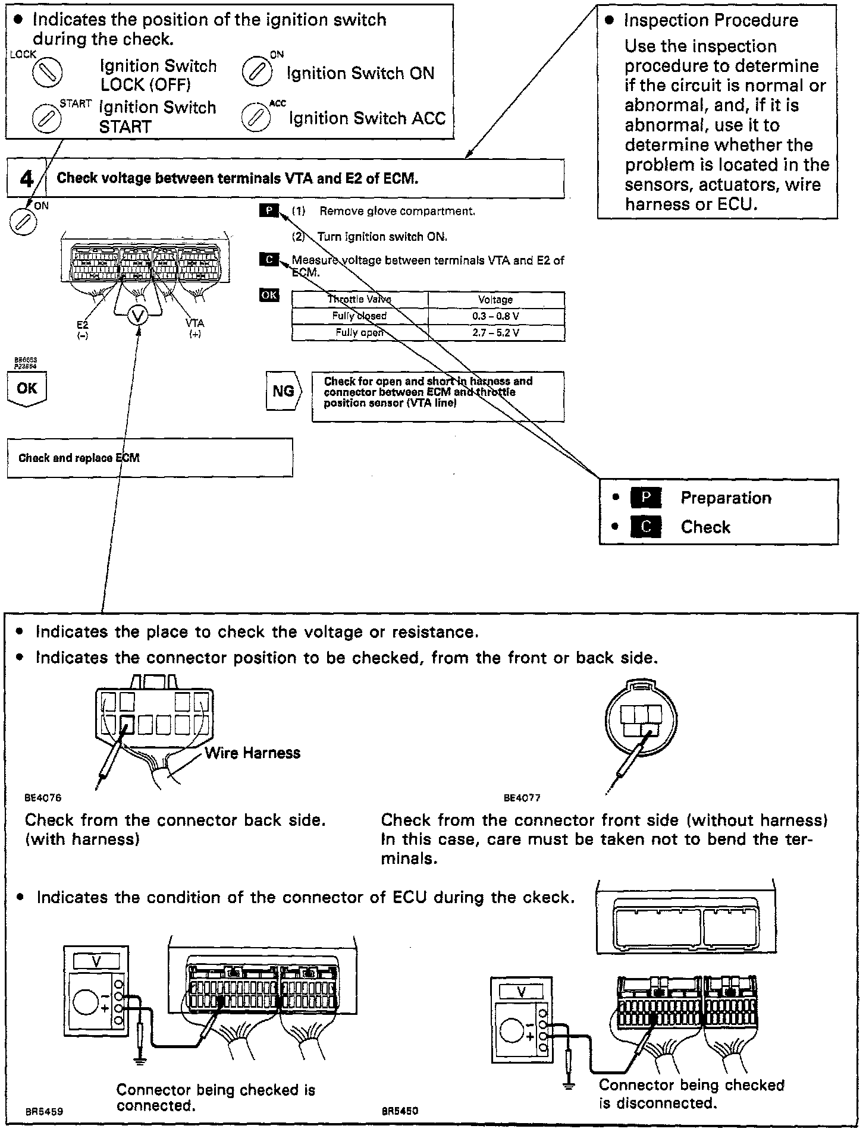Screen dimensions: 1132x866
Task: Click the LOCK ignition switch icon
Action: pyautogui.click(x=47, y=72)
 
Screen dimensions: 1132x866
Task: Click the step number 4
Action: pyautogui.click(x=27, y=179)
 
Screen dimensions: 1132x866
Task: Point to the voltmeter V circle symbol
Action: pyautogui.click(x=139, y=316)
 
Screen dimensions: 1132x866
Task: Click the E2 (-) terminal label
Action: pyautogui.click(x=83, y=329)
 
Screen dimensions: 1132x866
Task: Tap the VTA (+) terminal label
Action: pyautogui.click(x=194, y=328)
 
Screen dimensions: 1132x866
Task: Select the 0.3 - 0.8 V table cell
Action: pyautogui.click(x=495, y=316)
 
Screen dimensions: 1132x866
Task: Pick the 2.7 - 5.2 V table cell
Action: pyautogui.click(x=495, y=332)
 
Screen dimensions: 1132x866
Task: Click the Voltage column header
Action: pyautogui.click(x=495, y=300)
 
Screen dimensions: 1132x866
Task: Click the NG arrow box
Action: pyautogui.click(x=284, y=391)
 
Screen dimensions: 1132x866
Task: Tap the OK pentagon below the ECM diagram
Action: pyautogui.click(x=27, y=389)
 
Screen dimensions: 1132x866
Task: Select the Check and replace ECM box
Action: pyautogui.click(x=149, y=458)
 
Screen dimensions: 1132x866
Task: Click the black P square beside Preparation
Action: pyautogui.click(x=645, y=498)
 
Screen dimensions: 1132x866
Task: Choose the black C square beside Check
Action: pyautogui.click(x=645, y=527)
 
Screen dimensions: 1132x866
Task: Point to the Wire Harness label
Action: pyautogui.click(x=253, y=753)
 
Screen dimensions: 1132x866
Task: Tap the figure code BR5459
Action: pyautogui.click(x=43, y=1111)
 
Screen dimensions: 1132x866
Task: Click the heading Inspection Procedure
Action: pyautogui.click(x=711, y=21)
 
